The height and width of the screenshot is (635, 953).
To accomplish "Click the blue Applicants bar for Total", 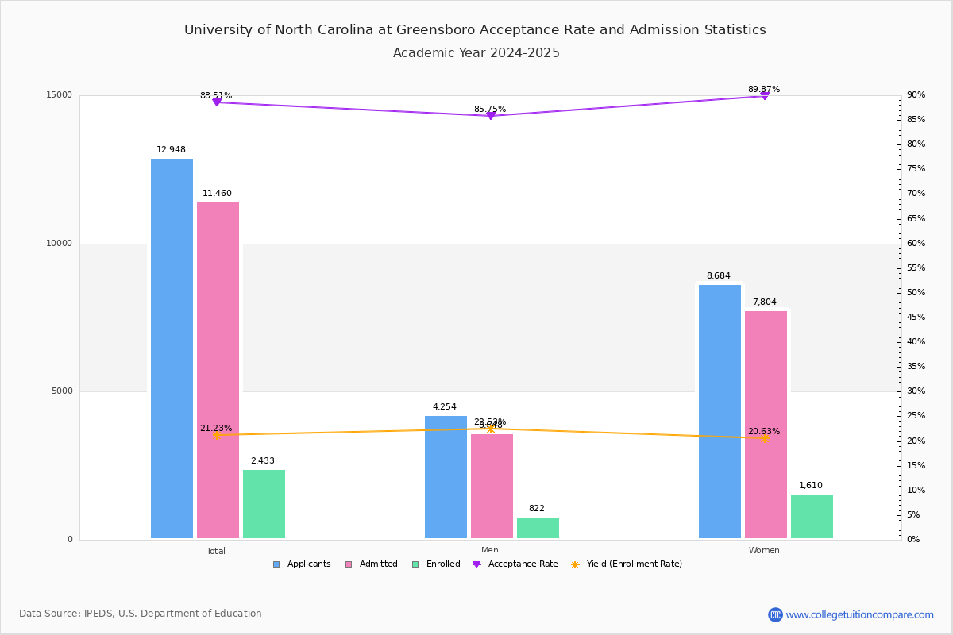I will click(x=172, y=348).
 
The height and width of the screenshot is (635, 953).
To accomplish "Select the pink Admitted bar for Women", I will click(x=766, y=425).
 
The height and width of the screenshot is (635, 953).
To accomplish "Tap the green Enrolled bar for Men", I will click(x=538, y=528).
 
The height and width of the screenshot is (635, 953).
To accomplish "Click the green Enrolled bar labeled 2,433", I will click(x=264, y=504).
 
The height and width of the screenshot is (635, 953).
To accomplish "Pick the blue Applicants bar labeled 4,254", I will click(x=446, y=477).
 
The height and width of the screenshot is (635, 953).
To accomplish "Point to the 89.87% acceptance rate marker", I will click(x=764, y=95).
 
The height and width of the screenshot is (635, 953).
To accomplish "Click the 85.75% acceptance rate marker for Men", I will click(x=490, y=116).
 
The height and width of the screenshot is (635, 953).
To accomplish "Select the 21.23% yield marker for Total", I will click(x=216, y=435).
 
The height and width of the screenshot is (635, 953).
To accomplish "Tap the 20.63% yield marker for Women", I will click(x=764, y=438).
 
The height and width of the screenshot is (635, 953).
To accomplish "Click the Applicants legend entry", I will click(x=302, y=564).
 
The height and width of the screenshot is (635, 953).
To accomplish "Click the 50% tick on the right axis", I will click(x=916, y=293).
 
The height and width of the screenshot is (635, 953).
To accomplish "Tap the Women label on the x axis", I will click(x=764, y=551).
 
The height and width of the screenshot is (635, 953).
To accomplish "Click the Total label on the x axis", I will click(x=216, y=551).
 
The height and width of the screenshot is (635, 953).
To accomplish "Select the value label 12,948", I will click(x=172, y=149).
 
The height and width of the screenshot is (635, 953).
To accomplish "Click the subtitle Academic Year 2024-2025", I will click(x=476, y=53).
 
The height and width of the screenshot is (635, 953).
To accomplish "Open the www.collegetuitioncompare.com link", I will click(x=859, y=614).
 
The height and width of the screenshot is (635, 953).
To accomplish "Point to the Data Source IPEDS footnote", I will click(x=141, y=614).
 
